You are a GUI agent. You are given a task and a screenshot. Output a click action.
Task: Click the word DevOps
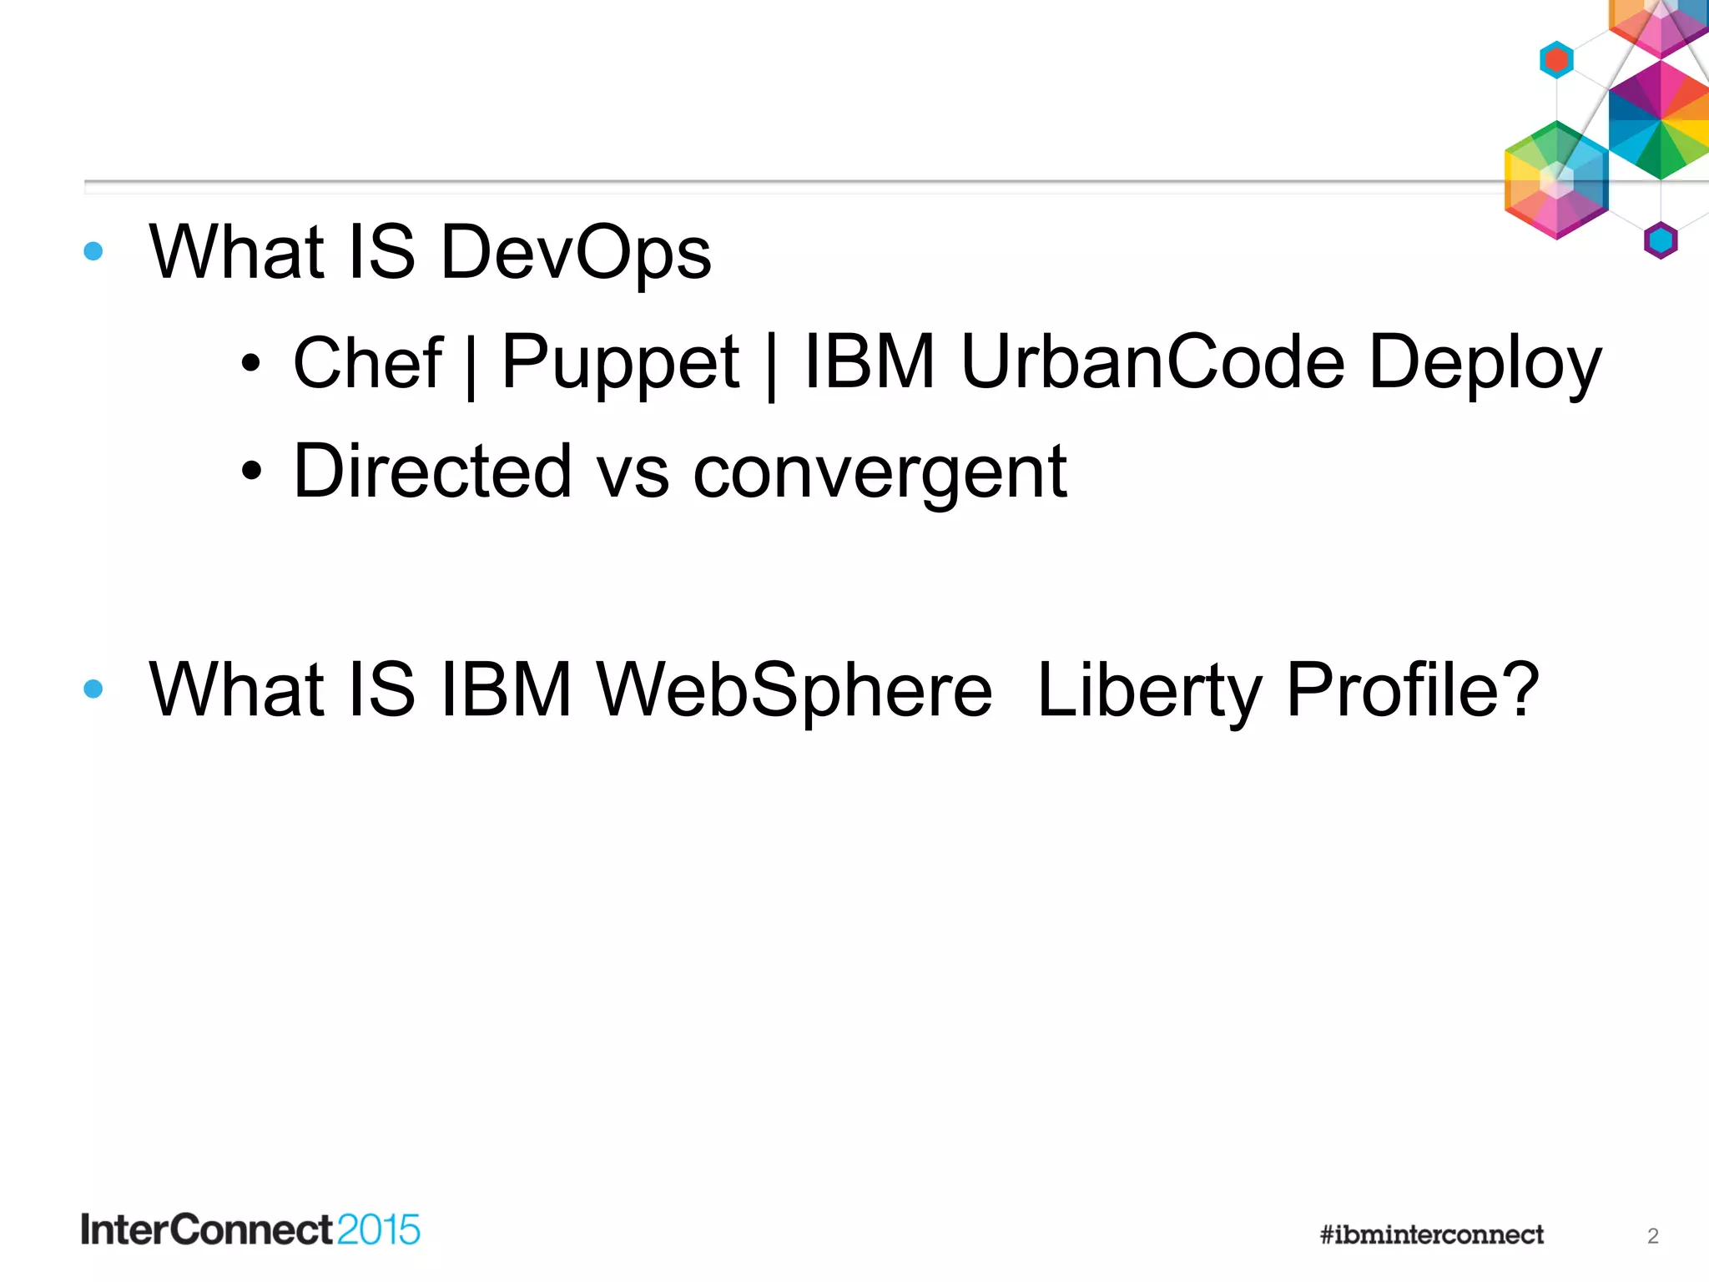tap(576, 253)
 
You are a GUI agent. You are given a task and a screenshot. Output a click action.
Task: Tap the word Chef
tap(367, 363)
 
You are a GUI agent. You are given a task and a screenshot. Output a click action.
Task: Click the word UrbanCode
tap(1152, 363)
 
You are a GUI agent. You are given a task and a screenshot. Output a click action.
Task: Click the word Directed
tap(432, 472)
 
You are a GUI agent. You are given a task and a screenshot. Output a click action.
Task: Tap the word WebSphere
tap(794, 690)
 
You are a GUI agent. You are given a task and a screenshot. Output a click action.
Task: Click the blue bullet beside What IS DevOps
tap(93, 251)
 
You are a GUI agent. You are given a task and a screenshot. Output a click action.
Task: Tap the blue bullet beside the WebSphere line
tap(93, 689)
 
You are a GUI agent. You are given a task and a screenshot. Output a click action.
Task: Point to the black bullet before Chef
tap(250, 364)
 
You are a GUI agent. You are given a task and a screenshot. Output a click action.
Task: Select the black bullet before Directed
tap(250, 472)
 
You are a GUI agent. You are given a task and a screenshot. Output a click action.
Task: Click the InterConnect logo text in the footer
tap(207, 1230)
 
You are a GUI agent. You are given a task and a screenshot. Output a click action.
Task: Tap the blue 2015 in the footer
tap(379, 1230)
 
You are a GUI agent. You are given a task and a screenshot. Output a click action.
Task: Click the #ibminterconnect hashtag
tap(1432, 1234)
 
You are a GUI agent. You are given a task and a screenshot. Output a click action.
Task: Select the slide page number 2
tap(1652, 1236)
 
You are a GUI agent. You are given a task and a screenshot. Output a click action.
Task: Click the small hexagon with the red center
tap(1556, 60)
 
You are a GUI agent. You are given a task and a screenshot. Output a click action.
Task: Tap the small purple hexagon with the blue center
tap(1661, 240)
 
